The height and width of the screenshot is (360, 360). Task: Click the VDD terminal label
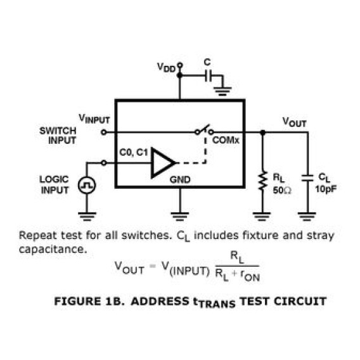click(166, 67)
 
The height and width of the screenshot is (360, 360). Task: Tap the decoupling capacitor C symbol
click(208, 75)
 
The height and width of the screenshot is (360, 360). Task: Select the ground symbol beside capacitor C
click(222, 91)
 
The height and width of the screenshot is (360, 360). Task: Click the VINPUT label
click(94, 119)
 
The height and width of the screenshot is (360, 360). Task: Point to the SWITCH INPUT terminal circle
click(104, 132)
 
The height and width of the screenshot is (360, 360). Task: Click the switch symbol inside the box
click(204, 130)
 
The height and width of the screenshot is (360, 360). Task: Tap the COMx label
click(226, 140)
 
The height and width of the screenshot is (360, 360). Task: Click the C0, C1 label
click(133, 152)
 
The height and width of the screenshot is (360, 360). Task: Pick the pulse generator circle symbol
click(87, 185)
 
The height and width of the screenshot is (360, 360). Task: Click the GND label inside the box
click(180, 179)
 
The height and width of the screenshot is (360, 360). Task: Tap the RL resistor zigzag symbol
click(263, 181)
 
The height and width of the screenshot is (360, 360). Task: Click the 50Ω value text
click(282, 190)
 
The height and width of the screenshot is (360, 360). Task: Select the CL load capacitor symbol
click(307, 177)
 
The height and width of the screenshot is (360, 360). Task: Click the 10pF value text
click(326, 189)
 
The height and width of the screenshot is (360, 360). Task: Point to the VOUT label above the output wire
click(294, 122)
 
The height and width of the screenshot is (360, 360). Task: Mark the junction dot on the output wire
click(263, 132)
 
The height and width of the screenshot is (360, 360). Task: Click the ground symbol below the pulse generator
click(87, 216)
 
